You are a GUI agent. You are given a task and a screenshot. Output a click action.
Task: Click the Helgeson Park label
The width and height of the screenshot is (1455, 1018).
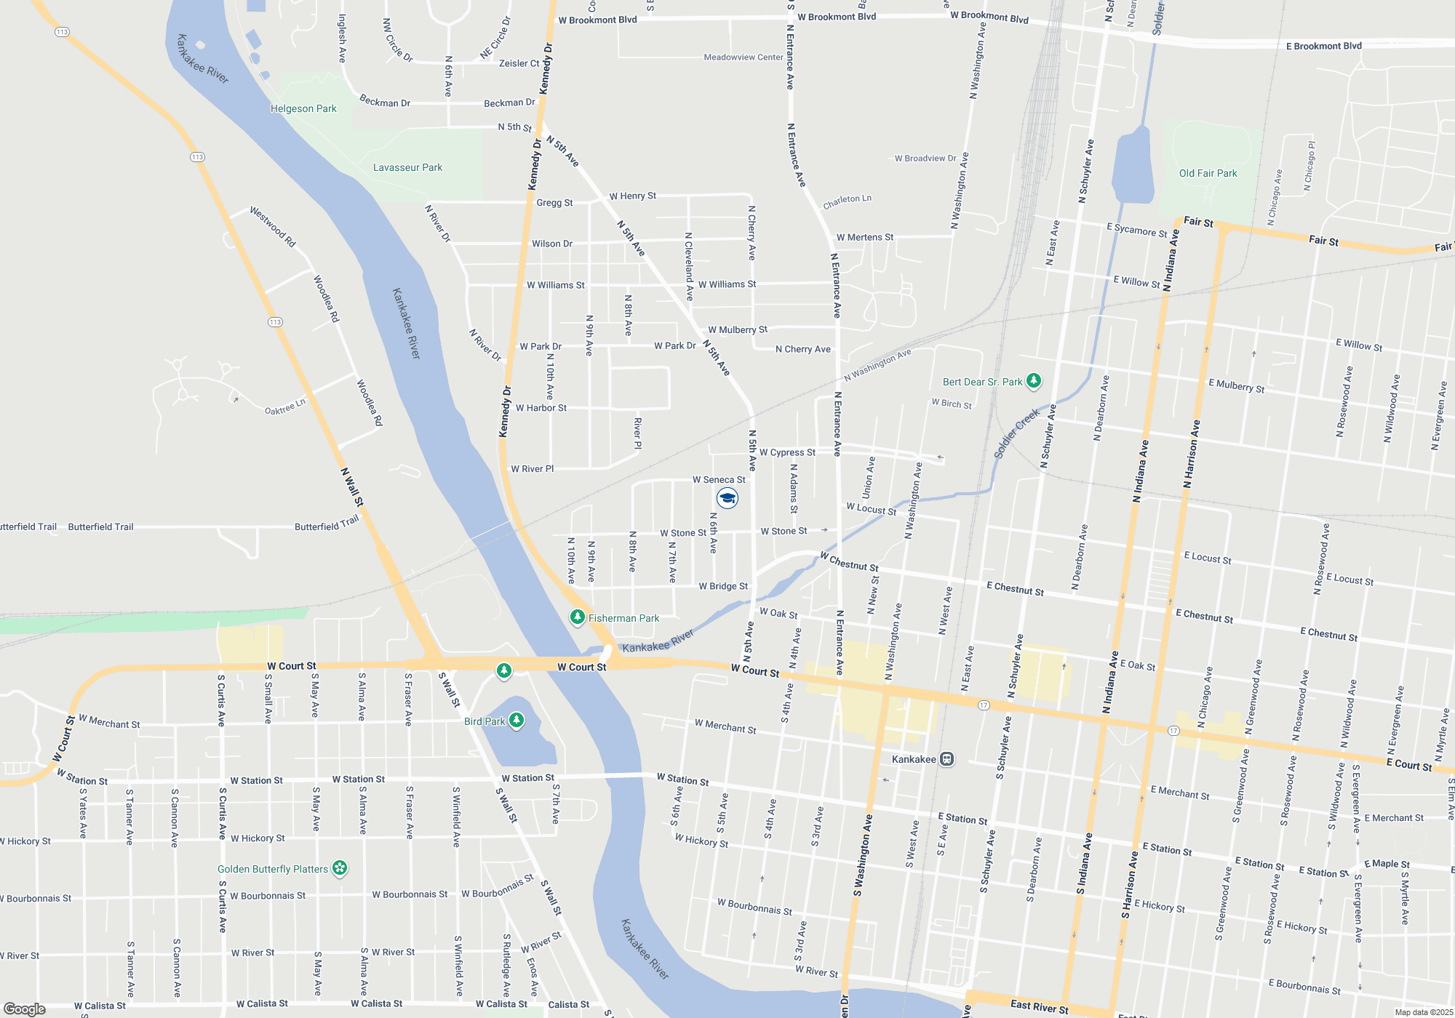(x=303, y=109)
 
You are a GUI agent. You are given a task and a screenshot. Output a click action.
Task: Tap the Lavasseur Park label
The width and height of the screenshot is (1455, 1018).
(x=407, y=168)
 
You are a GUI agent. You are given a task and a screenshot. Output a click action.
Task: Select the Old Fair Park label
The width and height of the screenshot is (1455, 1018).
(x=1208, y=173)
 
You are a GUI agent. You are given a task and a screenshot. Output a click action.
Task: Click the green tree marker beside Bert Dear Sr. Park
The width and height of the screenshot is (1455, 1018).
(x=1033, y=380)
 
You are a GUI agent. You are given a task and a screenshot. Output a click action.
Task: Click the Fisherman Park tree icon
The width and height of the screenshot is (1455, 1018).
(x=577, y=617)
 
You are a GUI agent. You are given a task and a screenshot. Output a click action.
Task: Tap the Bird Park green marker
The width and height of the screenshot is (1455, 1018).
(x=517, y=720)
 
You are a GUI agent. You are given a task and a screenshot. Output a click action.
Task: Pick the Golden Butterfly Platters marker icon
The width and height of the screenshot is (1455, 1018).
(x=340, y=867)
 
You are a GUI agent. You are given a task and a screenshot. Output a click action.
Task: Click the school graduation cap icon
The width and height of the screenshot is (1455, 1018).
(x=727, y=498)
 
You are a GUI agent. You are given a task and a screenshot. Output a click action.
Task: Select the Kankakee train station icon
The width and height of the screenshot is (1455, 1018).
(x=946, y=759)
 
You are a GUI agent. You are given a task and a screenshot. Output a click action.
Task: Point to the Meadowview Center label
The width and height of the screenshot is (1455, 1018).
(x=744, y=57)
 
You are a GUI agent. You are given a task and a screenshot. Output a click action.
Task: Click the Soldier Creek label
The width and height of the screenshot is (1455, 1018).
(x=1016, y=434)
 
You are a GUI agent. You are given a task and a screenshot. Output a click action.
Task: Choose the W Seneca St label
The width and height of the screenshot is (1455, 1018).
(x=719, y=480)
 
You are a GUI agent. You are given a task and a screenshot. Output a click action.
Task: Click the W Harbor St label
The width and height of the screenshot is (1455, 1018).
(x=541, y=408)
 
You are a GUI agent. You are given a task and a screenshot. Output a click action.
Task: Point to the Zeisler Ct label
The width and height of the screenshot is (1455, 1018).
(x=519, y=63)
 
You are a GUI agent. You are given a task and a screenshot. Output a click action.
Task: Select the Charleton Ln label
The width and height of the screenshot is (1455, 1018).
(x=847, y=201)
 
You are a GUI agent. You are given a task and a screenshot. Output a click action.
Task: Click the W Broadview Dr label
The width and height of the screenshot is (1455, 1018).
(x=925, y=159)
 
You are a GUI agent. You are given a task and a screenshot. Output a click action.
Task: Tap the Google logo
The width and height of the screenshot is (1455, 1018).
(x=25, y=1009)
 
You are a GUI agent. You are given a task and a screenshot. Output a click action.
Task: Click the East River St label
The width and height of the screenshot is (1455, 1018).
(x=1039, y=1006)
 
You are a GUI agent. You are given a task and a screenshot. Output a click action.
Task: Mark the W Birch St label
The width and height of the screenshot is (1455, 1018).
(x=952, y=404)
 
